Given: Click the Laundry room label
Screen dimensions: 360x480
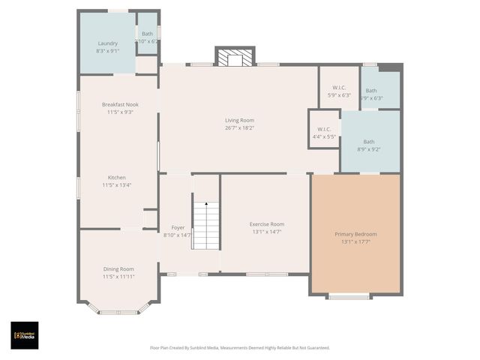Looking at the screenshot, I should click(108, 43).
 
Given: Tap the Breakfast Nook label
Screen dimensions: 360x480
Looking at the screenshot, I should click(120, 104).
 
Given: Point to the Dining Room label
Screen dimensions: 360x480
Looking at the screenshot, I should click(118, 269).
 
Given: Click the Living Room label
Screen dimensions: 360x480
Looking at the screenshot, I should click(239, 120).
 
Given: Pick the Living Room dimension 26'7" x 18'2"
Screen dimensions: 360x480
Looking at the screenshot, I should click(239, 127).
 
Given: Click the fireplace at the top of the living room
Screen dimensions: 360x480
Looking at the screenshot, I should click(235, 58).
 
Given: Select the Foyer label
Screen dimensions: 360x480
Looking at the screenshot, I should click(178, 227).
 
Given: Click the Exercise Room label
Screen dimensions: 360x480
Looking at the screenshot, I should click(267, 224).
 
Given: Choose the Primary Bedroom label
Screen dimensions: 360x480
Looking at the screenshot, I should click(355, 234).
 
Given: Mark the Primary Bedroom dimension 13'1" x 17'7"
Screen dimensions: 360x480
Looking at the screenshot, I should click(355, 241).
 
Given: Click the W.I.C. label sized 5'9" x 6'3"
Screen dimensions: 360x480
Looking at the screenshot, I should click(339, 88).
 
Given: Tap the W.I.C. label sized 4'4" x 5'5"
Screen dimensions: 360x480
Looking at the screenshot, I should click(324, 129).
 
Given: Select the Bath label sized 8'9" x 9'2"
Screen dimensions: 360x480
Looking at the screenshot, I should click(369, 142).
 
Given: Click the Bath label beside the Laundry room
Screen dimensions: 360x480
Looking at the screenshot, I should click(147, 34).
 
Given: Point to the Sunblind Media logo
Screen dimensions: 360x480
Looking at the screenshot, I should click(25, 334).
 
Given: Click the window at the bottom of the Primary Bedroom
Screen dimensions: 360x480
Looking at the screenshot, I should click(348, 297).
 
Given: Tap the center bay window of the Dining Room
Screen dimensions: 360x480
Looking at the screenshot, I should click(118, 311).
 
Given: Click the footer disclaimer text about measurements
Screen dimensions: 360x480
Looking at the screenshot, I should click(240, 348).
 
